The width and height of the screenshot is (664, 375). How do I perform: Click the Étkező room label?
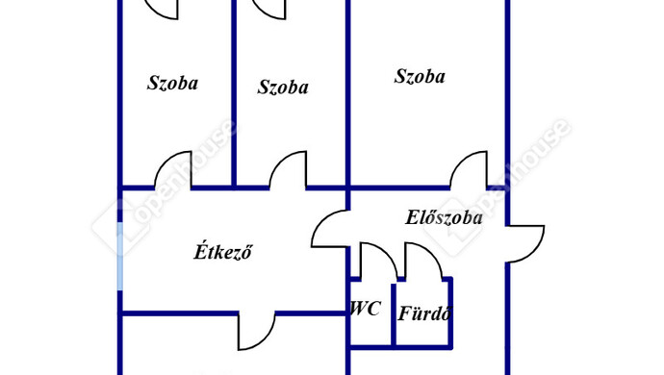pos(222,251)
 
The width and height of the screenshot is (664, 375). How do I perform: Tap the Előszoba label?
pos(444,217)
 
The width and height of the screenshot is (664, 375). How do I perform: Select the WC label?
pos(366,309)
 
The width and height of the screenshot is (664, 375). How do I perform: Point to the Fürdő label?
pos(423,313)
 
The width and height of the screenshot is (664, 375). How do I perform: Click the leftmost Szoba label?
pos(172,83)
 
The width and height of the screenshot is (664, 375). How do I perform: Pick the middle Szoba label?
pos(283,87)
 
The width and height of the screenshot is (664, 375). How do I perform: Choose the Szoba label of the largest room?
pos(420,76)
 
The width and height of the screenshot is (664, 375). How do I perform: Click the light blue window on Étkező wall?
pos(120,256)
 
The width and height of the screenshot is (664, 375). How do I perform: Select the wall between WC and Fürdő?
pos(394,315)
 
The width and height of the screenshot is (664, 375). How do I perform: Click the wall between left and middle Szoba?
pos(234,93)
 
